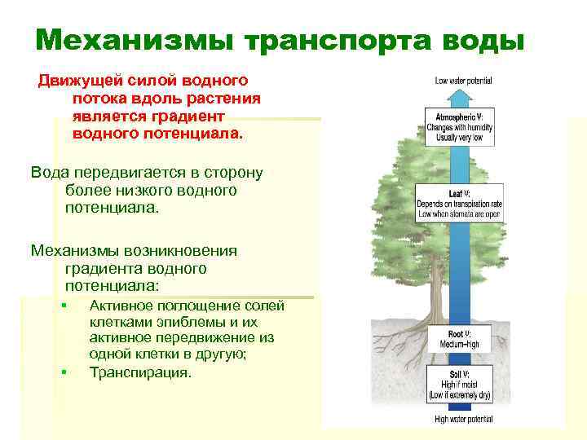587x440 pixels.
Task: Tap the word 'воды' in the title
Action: (482, 39)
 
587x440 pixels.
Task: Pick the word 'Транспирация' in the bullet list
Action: (139, 373)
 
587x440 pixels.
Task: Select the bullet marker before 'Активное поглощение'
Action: (64, 306)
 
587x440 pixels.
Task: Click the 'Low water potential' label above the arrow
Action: (462, 81)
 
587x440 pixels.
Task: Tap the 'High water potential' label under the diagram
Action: (463, 420)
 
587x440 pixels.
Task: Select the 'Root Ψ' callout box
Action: (459, 339)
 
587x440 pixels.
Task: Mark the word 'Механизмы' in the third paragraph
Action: (70, 250)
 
